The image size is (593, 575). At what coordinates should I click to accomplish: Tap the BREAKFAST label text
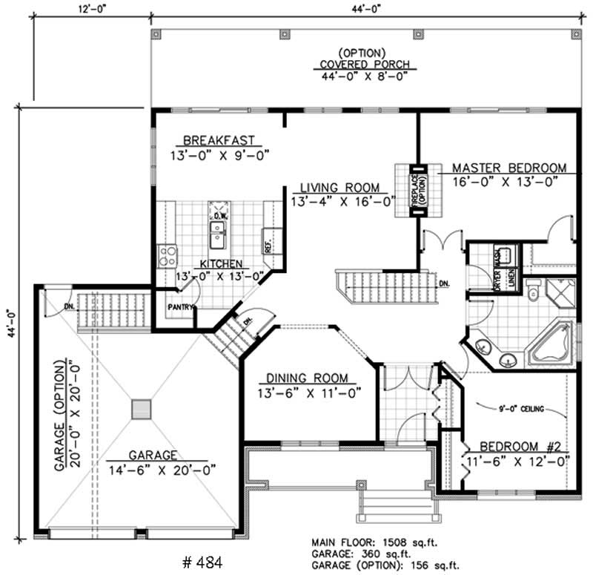219,139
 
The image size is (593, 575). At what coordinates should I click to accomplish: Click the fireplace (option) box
416,190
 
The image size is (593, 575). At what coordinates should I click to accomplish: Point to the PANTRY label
181,306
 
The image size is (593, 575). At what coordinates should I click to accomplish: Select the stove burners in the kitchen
168,257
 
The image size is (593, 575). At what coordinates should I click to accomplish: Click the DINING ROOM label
303,378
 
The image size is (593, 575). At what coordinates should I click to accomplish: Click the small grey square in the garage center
141,410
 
